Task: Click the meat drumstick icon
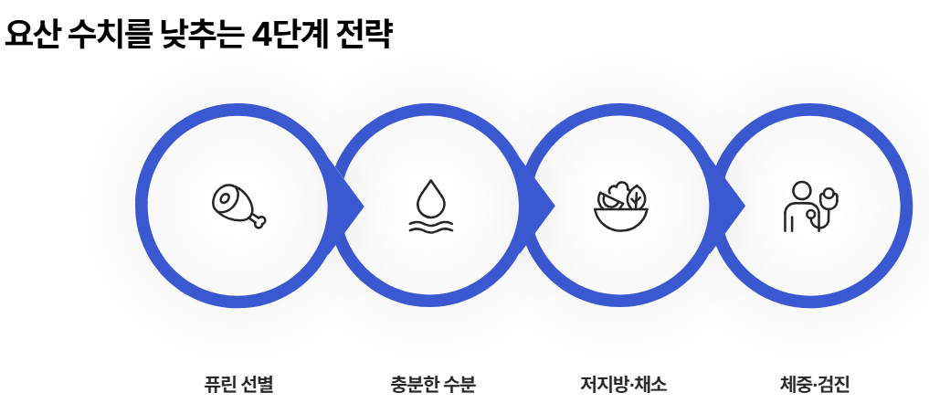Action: (238, 206)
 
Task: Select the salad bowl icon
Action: (621, 208)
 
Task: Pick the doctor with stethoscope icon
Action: (810, 207)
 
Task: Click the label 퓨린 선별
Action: (238, 384)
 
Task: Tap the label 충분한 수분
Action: (433, 384)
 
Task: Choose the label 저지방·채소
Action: (624, 384)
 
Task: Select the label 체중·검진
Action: (809, 384)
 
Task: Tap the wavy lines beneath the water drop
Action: (430, 225)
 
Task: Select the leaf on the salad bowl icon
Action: (635, 196)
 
